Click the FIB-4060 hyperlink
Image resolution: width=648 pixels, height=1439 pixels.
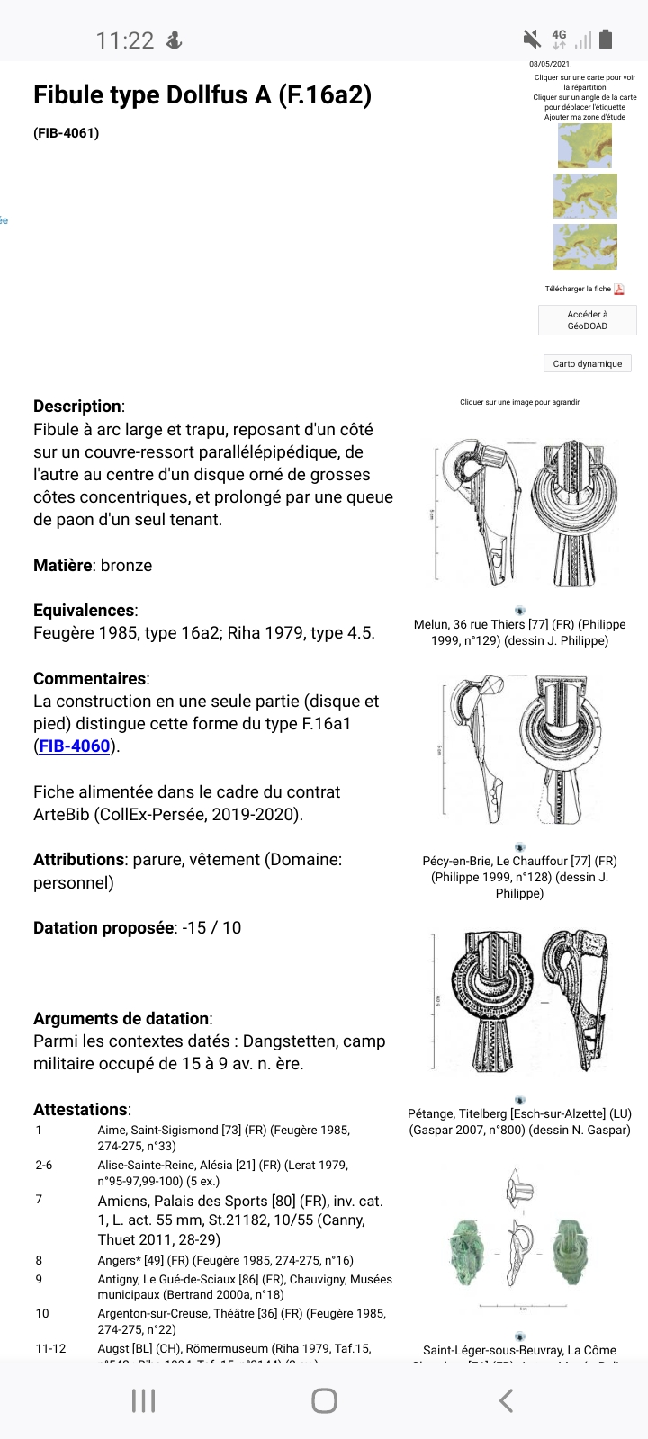click(75, 746)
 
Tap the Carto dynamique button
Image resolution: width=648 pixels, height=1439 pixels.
click(587, 363)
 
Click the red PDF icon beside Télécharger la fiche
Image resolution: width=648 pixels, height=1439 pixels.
click(619, 289)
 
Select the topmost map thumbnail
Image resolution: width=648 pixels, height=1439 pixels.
click(584, 146)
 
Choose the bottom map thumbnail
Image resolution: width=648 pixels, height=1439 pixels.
click(585, 246)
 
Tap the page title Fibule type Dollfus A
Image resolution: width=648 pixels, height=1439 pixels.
click(202, 94)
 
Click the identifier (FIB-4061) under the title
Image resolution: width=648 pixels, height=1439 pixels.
click(66, 133)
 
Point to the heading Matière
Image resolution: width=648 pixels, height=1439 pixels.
click(62, 566)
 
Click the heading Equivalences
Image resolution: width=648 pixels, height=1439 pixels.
click(84, 611)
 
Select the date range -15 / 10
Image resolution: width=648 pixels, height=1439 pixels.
click(211, 928)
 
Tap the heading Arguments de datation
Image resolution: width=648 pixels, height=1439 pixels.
click(121, 1019)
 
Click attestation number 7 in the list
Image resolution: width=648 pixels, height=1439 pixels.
click(39, 1200)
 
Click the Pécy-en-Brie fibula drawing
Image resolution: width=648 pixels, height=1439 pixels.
click(520, 749)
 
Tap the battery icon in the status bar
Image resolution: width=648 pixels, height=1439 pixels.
click(606, 39)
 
